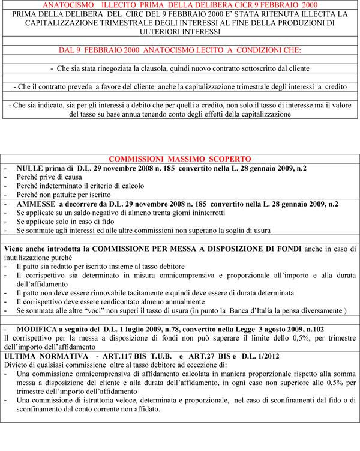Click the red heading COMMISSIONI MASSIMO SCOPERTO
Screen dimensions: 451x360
point(180,159)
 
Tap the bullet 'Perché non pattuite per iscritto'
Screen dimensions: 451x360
point(64,195)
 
